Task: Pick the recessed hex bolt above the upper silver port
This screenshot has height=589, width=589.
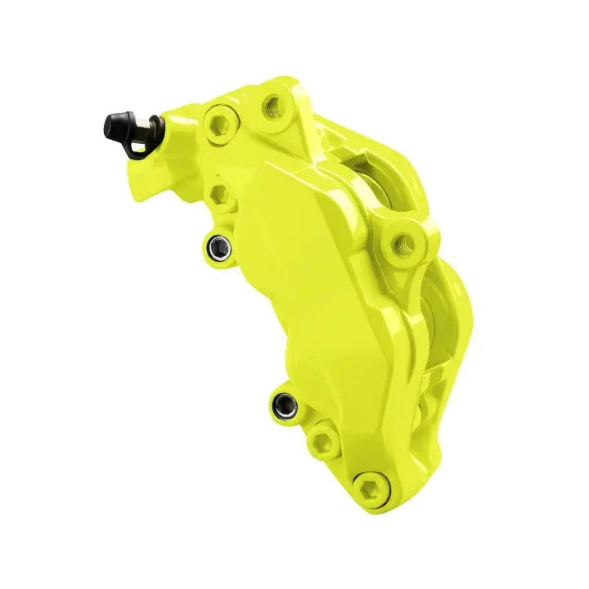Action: click(x=218, y=196)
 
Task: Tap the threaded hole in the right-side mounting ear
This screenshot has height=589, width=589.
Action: click(x=403, y=241)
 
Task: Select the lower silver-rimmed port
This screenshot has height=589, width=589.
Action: click(x=284, y=402)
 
